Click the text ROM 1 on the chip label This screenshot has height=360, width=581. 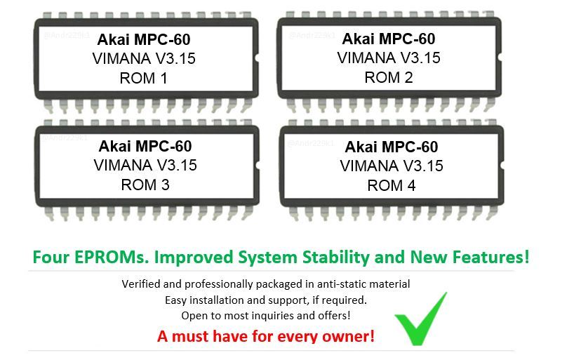coord(143,78)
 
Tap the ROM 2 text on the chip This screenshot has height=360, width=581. coord(388,77)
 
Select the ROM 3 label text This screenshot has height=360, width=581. coord(145,185)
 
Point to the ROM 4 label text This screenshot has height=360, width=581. coord(391,185)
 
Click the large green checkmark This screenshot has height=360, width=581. coord(421,319)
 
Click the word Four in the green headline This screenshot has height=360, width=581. coord(50,258)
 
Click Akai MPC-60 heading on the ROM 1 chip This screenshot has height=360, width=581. coord(143,39)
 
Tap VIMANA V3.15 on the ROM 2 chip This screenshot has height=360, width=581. coord(389,58)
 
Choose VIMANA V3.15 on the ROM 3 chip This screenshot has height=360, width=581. coord(145,165)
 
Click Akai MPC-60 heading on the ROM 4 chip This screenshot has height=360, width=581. coord(391,147)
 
